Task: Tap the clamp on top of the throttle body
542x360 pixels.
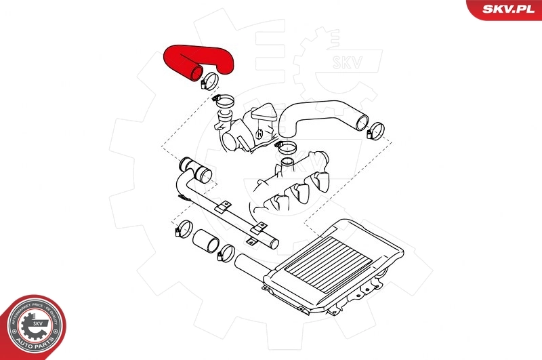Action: (224, 101)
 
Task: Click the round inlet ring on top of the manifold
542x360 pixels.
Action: (287, 163)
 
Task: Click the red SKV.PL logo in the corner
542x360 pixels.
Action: (504, 9)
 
